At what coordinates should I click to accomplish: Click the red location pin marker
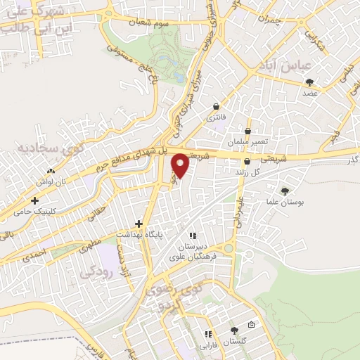click(180, 165)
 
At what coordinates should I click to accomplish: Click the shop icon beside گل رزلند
click(247, 162)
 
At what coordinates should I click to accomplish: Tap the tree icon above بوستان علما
click(285, 191)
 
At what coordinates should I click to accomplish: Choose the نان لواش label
click(51, 181)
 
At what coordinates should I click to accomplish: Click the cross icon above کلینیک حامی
click(34, 200)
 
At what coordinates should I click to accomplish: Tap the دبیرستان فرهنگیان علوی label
click(193, 251)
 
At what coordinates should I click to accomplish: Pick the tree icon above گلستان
click(235, 330)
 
